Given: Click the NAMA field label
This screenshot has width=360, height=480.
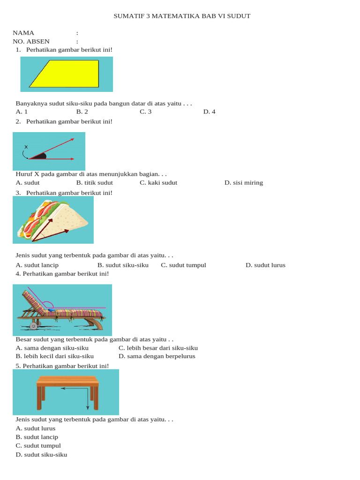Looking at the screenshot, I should (23, 33).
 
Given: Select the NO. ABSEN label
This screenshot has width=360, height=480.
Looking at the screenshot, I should (31, 41).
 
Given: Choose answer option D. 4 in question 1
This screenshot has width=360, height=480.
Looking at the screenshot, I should (209, 112).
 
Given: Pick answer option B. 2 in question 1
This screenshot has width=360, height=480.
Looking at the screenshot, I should (82, 112).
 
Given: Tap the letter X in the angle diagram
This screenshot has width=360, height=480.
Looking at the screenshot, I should (26, 147).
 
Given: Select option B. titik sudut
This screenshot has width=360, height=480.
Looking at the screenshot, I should (94, 183).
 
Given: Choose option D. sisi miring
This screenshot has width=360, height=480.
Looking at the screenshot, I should (244, 183).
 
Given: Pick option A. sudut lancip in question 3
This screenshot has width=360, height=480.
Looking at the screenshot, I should (37, 265).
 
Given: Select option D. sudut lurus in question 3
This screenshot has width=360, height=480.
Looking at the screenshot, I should (265, 265).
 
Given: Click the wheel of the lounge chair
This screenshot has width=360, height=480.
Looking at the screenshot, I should (34, 325).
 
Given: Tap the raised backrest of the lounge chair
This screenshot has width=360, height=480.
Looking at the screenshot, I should (33, 300).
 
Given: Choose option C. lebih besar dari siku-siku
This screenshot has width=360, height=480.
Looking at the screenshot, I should (158, 348).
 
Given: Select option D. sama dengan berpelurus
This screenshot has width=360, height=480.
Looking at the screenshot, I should (157, 356).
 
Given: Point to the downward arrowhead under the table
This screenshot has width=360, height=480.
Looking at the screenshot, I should (88, 408).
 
